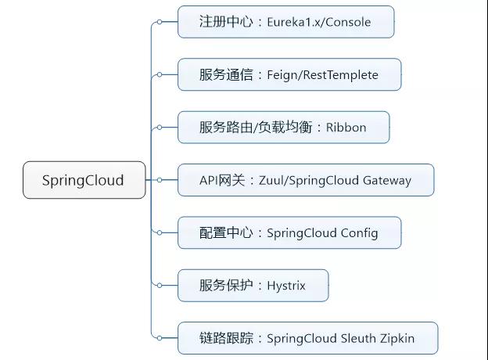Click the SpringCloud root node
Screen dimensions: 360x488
83,180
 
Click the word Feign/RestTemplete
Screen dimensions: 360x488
323,75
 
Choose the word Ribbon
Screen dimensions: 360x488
346,128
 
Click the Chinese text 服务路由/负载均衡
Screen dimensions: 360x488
258,128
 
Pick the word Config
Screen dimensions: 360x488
359,233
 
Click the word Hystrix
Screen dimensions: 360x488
285,286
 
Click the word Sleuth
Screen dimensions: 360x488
351,338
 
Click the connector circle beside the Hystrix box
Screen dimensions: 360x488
160,286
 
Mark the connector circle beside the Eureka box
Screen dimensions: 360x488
160,22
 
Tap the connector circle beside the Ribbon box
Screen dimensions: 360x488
160,128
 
